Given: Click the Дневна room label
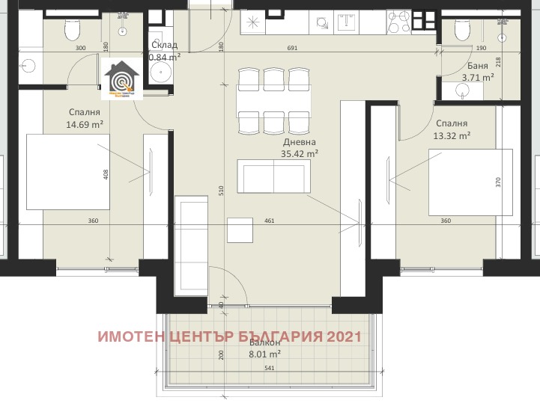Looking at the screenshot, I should coord(300,142).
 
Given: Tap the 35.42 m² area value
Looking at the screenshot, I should coord(300,153).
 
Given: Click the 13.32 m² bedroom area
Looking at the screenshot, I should coord(452,135).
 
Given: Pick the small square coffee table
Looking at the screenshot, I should coord(241,230).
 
